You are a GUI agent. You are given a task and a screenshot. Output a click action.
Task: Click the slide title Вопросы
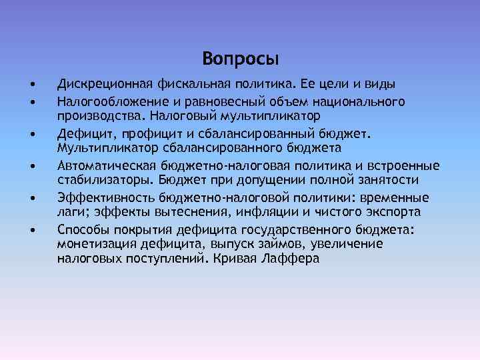tap(240, 58)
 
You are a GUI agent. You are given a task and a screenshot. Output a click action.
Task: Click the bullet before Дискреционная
tap(32, 85)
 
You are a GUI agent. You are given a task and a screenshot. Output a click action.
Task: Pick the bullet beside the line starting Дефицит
tap(32, 134)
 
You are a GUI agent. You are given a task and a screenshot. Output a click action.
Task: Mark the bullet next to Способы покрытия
tap(32, 231)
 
